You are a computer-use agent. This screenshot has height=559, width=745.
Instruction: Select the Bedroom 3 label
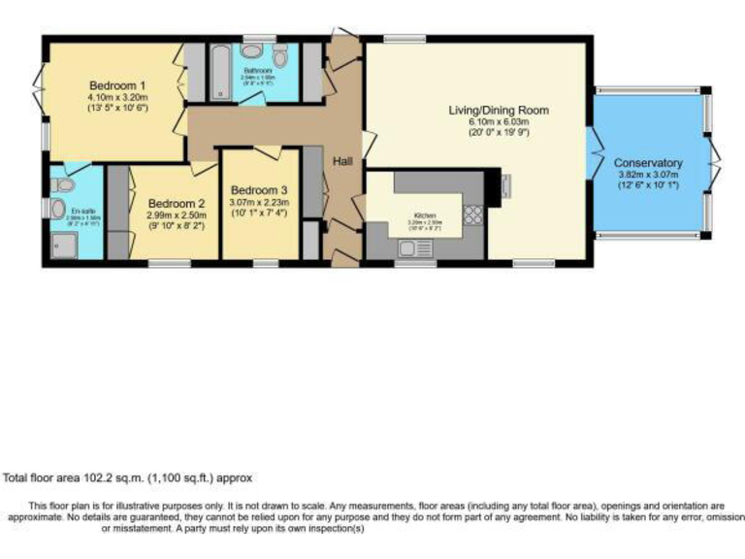click(x=258, y=190)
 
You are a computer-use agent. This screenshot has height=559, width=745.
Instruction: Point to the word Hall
click(x=343, y=161)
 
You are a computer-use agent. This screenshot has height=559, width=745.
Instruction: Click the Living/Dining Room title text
click(x=499, y=111)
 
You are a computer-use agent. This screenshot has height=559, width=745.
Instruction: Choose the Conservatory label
click(x=650, y=163)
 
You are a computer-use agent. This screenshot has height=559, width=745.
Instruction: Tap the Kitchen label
click(x=425, y=214)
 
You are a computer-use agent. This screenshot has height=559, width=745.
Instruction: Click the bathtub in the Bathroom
click(x=221, y=74)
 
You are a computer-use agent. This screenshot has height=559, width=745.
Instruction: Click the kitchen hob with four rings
click(x=475, y=214)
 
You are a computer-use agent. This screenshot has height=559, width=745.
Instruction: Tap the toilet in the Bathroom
click(x=281, y=56)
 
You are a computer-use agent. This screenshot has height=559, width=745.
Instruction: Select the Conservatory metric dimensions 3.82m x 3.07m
click(x=650, y=175)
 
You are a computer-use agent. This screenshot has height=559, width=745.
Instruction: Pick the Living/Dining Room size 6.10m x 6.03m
click(x=499, y=122)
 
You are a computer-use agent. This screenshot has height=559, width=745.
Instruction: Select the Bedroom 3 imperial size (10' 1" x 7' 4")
click(x=258, y=214)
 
